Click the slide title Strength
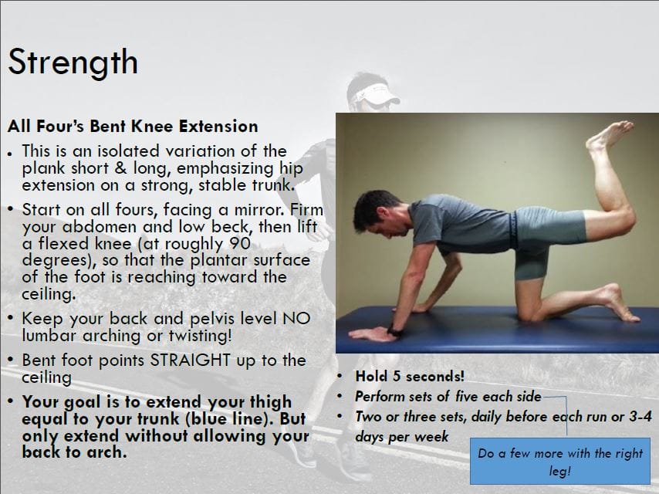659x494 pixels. tap(73, 63)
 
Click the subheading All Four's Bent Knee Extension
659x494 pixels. tap(133, 126)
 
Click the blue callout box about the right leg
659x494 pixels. tap(559, 462)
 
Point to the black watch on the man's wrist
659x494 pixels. tap(394, 331)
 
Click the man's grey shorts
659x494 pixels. tap(540, 232)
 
